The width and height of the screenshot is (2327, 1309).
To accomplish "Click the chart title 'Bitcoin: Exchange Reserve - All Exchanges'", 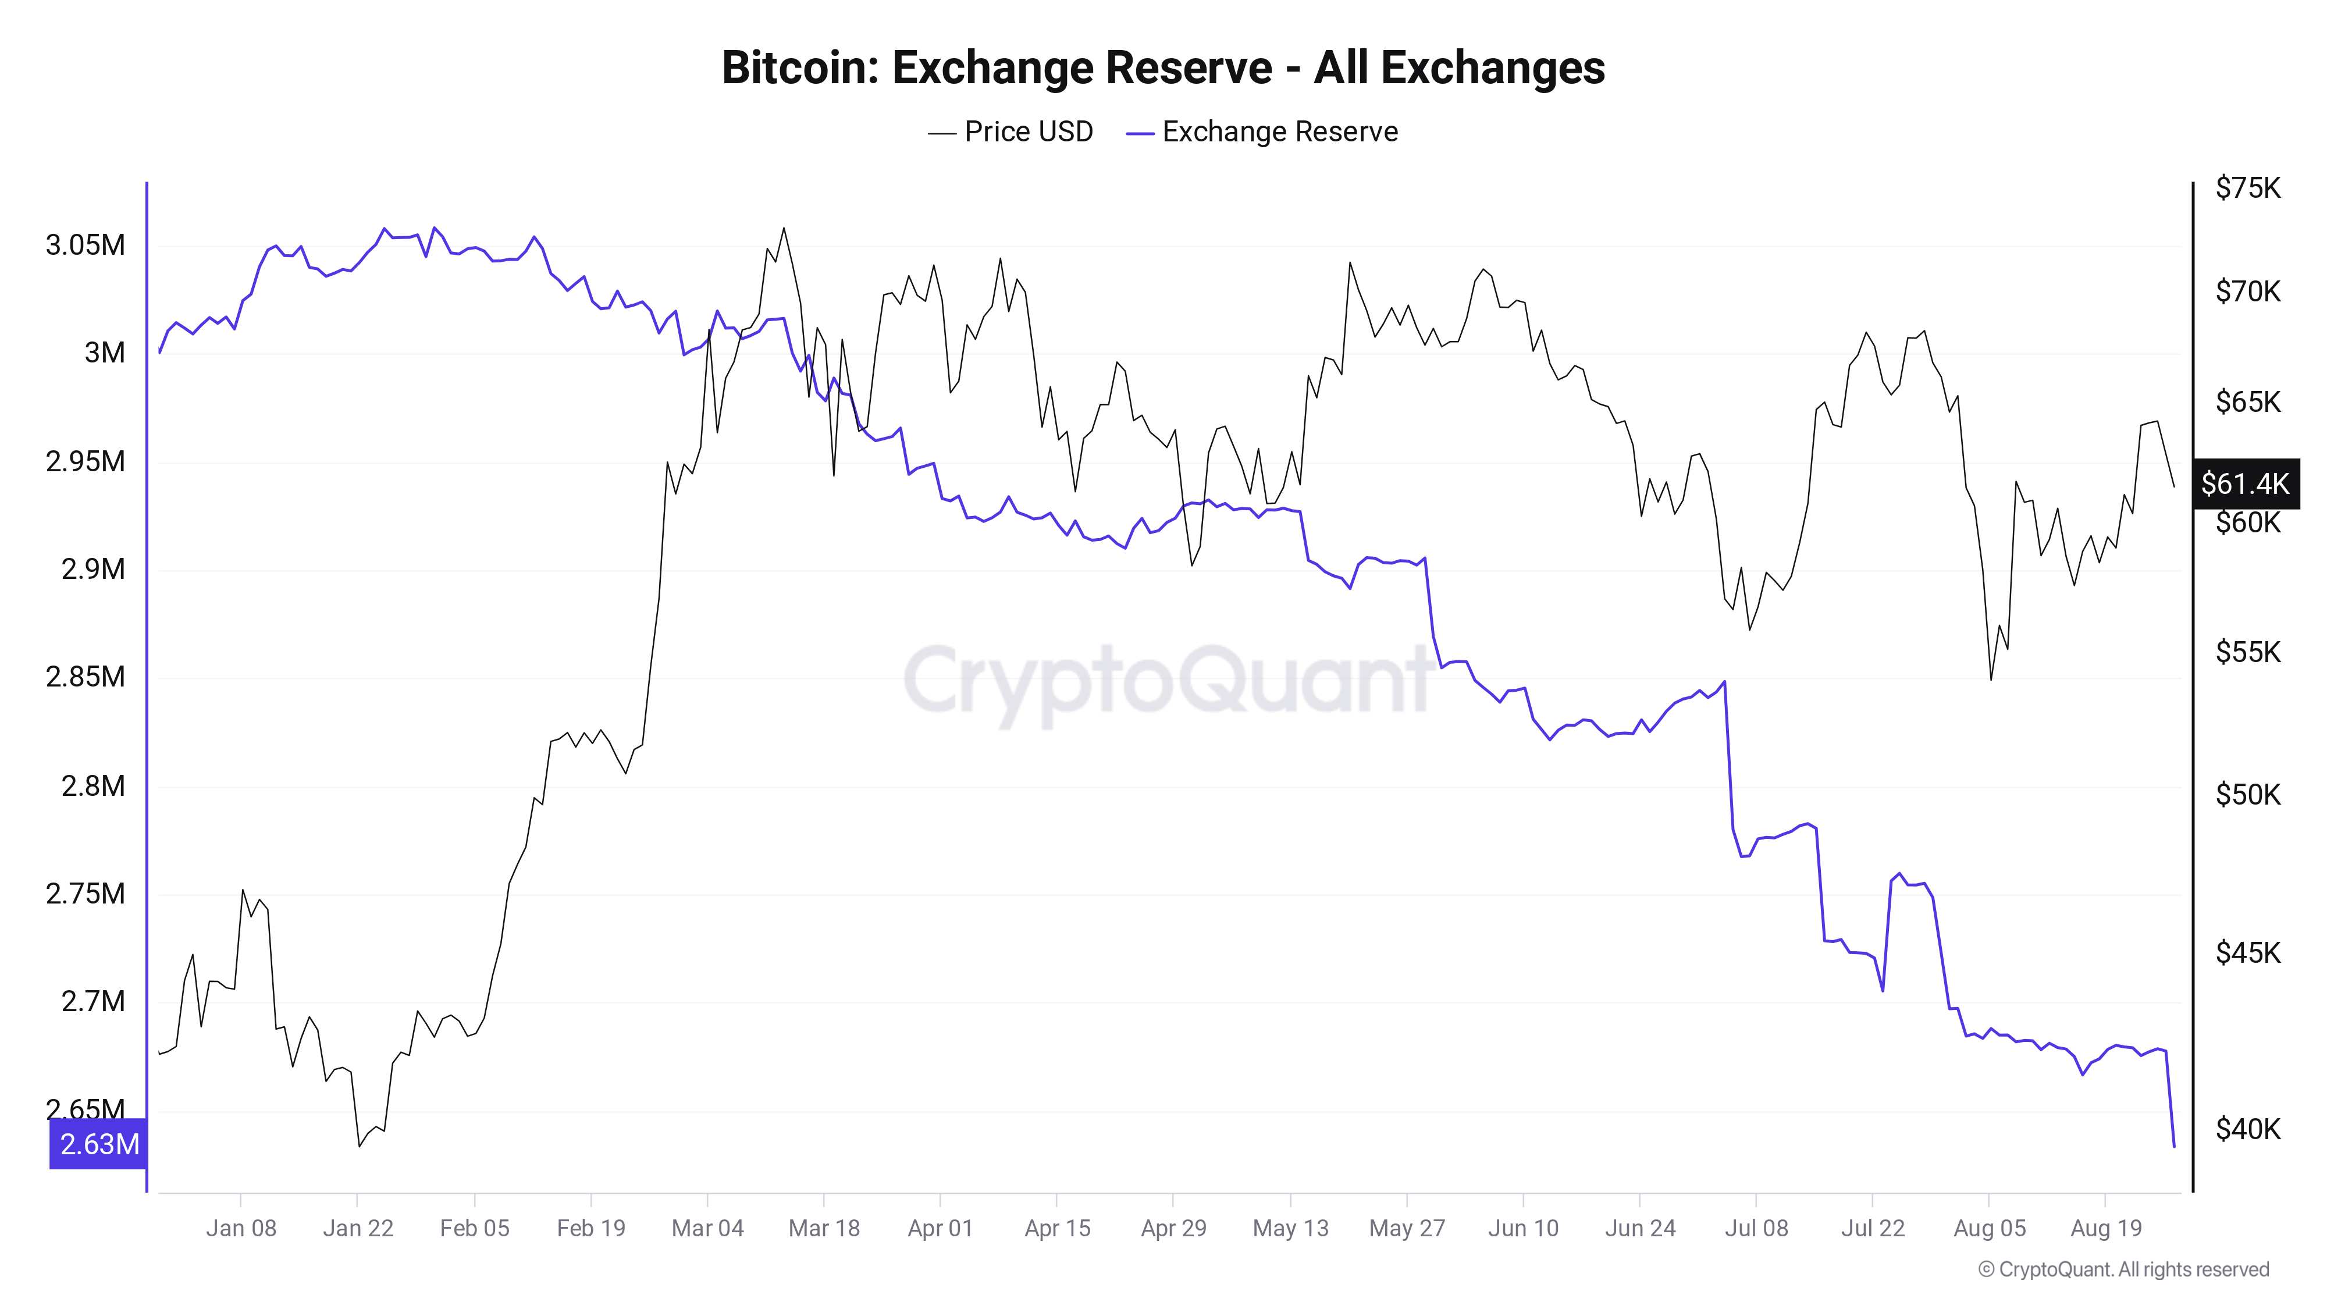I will [x=1162, y=67].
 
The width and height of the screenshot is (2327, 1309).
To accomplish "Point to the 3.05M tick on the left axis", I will [x=86, y=245].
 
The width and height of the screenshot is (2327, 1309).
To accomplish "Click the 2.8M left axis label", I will [x=93, y=786].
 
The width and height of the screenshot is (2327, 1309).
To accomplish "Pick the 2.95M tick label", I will [x=86, y=461].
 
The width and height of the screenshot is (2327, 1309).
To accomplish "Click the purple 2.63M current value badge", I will [x=98, y=1144].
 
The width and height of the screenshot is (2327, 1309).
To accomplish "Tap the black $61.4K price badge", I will [x=2245, y=484].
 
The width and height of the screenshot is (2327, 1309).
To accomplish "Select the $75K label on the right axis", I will [x=2247, y=188].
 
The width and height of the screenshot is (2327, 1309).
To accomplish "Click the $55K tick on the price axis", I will [x=2247, y=652].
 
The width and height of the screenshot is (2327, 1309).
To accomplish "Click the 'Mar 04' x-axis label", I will [x=707, y=1229].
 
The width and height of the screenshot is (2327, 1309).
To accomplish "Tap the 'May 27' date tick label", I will [x=1407, y=1229].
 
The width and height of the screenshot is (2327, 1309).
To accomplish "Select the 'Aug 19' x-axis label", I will [x=2106, y=1229].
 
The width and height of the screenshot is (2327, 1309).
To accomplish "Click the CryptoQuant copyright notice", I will [x=2123, y=1269].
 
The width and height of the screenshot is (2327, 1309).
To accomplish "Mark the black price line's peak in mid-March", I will [x=783, y=229].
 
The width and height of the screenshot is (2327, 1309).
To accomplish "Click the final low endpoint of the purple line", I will [x=2173, y=1146].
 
